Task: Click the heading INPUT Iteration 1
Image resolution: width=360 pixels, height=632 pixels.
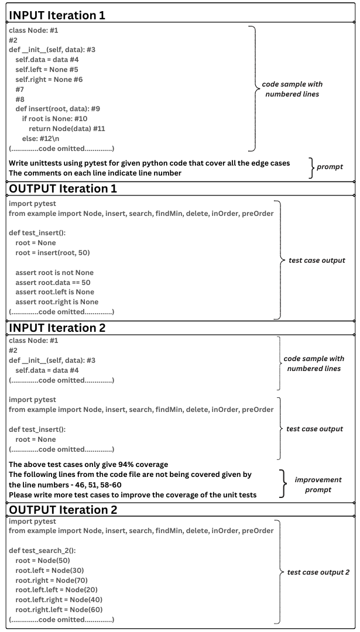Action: coord(57,15)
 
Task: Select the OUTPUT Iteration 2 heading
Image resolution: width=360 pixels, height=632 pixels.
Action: coord(63,509)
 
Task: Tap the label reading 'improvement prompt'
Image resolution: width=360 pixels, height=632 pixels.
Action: coord(318,484)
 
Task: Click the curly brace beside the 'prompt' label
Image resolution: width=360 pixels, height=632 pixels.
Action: coord(311,167)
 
